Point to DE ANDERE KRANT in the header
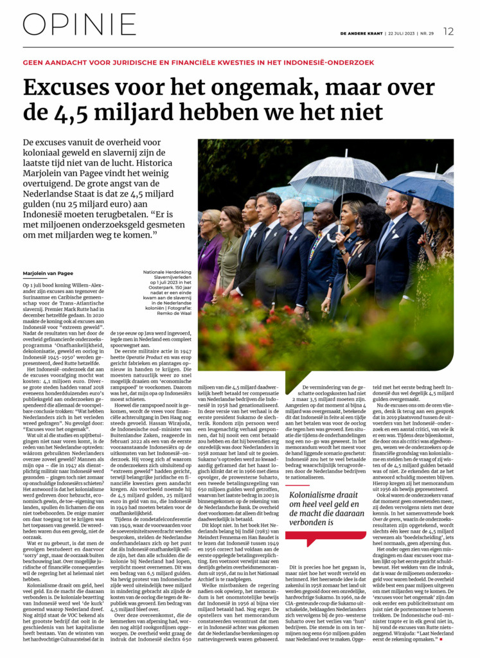[x=361, y=32]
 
